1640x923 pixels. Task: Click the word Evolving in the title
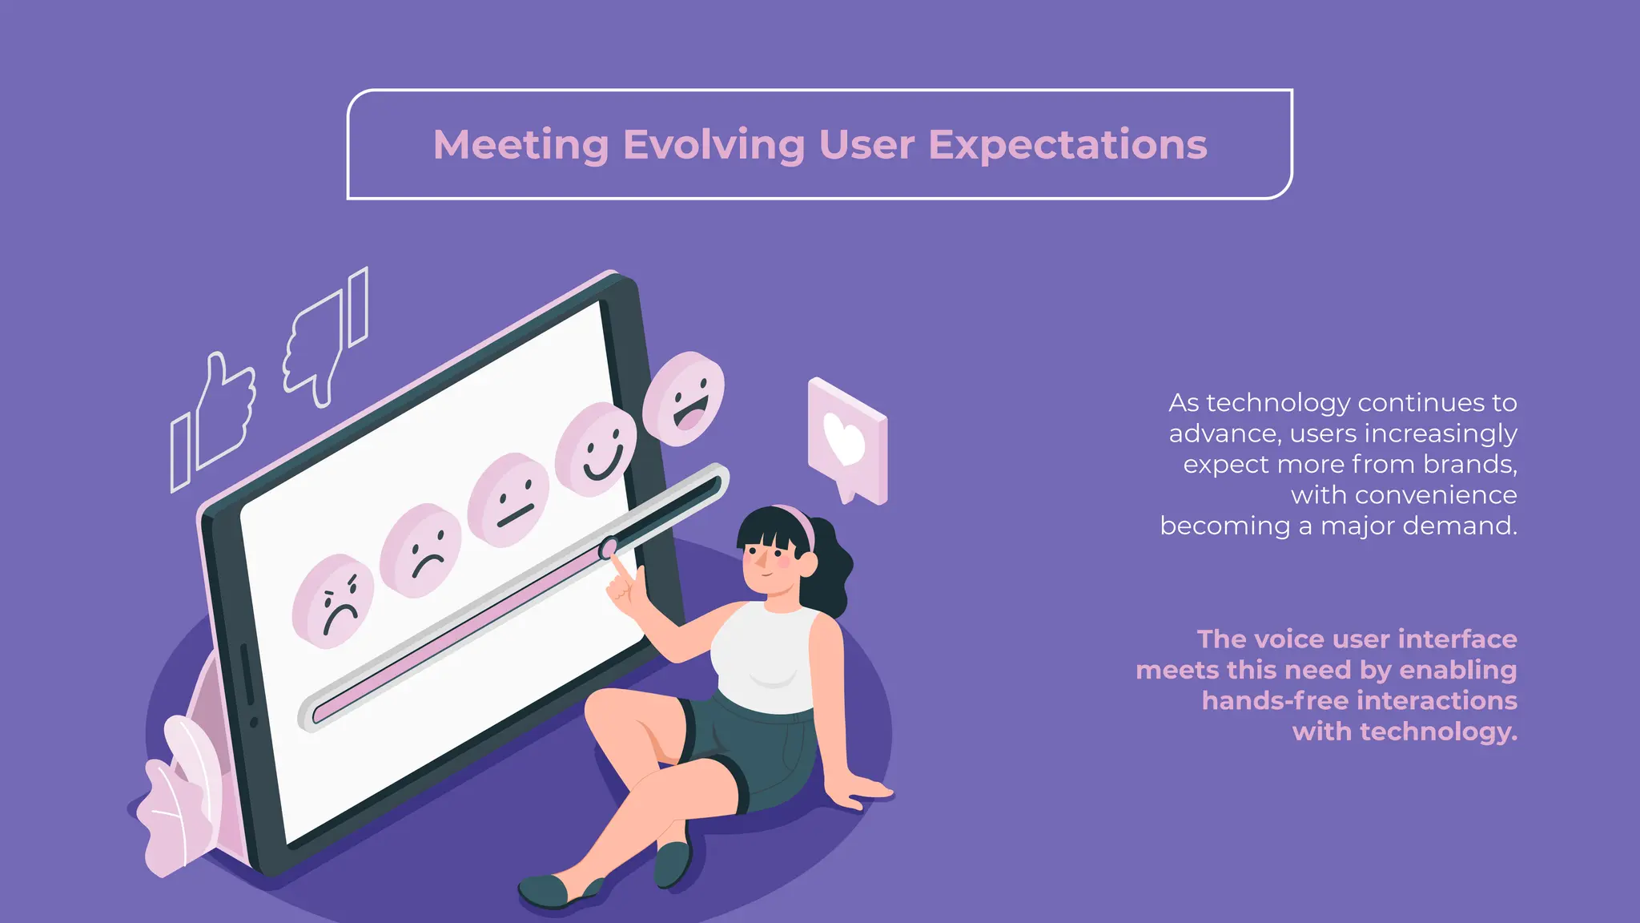click(x=713, y=145)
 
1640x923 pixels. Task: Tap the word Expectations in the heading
click(x=1067, y=145)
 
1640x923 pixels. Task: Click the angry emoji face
click(x=333, y=601)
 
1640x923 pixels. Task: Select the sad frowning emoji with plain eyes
click(x=421, y=550)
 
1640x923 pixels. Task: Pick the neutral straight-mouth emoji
click(x=508, y=500)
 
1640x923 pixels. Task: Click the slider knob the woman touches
click(x=609, y=548)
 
